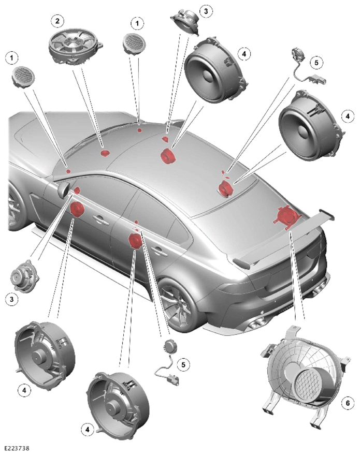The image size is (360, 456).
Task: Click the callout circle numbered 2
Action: (57, 21)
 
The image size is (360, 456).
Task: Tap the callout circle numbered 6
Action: (348, 403)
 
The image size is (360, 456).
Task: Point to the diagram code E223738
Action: (17, 448)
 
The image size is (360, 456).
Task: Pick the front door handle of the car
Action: (100, 219)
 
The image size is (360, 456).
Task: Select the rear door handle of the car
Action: (159, 250)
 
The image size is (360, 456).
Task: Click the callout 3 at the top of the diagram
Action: (206, 11)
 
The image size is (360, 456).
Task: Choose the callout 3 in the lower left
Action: (11, 299)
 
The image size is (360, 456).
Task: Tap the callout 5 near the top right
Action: (316, 62)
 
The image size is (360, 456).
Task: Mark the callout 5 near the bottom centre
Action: (183, 364)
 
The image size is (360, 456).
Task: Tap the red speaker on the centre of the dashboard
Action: (105, 153)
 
